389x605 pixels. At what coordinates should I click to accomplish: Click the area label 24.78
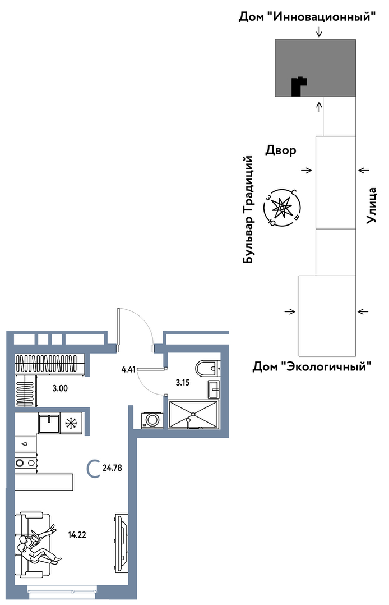tap(112, 468)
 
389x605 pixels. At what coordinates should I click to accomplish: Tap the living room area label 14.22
tap(77, 535)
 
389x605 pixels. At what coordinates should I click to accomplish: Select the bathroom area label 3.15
tap(182, 383)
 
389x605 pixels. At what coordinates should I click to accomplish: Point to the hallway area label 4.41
tap(128, 370)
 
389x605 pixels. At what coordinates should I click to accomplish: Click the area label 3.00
tap(60, 388)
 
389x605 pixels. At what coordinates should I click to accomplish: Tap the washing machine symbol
tap(151, 420)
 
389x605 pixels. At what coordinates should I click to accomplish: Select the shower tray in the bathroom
tap(193, 414)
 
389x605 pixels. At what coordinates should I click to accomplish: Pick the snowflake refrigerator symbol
tap(71, 423)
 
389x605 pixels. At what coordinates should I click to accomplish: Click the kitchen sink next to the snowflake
tap(49, 423)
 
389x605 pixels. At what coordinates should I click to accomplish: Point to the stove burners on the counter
tap(26, 462)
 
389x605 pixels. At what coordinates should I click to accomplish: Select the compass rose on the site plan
tap(282, 208)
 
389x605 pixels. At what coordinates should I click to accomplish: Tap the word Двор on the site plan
tap(281, 150)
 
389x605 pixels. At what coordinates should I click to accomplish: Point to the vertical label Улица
tap(371, 205)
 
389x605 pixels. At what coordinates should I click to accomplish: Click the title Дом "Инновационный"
tap(307, 17)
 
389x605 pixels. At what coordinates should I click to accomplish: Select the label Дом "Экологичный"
tap(312, 366)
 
